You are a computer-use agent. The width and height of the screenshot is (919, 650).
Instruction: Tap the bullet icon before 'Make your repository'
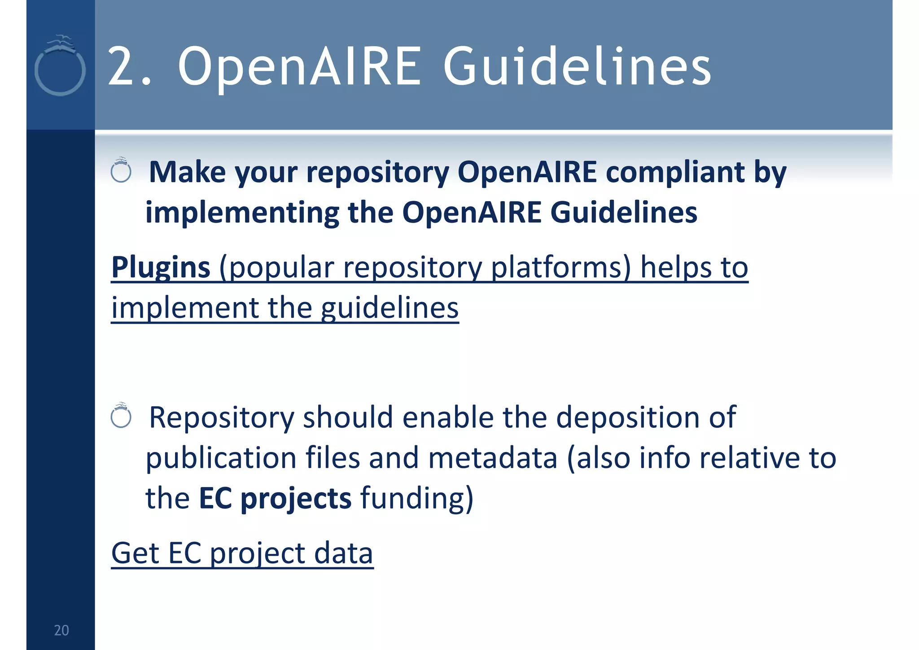(121, 171)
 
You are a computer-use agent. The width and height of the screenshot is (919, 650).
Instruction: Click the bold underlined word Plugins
(161, 267)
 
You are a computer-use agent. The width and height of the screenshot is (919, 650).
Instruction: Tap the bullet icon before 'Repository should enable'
(121, 416)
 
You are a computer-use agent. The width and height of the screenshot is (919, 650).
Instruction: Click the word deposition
(627, 417)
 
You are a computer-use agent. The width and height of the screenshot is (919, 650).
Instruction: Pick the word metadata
(493, 458)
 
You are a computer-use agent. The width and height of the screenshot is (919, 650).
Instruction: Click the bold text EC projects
(275, 498)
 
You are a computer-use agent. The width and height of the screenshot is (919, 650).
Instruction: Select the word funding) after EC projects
(417, 498)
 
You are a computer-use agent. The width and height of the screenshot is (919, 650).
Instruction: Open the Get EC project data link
(242, 553)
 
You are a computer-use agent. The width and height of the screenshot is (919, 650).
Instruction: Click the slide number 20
(61, 630)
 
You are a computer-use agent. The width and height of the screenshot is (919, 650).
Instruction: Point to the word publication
(221, 459)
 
